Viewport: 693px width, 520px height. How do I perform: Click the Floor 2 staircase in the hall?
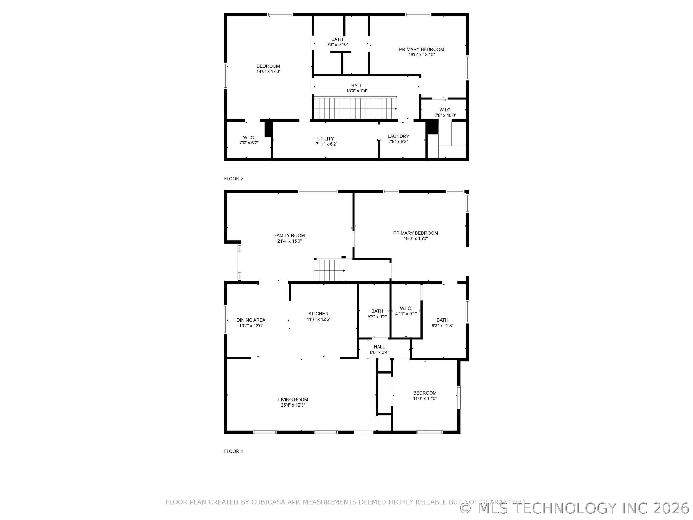pos(355,108)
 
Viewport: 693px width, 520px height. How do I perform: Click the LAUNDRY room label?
pos(398,136)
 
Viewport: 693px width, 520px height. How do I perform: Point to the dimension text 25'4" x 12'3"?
pos(293,405)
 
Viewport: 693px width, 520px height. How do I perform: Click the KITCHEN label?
pos(318,314)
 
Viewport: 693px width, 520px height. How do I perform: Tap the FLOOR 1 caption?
pos(233,451)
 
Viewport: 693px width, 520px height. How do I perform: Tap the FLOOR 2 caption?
pos(233,179)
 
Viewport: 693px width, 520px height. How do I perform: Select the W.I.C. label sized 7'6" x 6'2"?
pos(249,138)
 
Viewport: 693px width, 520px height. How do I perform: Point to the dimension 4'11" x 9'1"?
pos(406,314)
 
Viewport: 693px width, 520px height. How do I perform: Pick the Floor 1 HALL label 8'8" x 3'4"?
pos(379,347)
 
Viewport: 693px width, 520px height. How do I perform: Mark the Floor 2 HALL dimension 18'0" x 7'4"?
pos(357,91)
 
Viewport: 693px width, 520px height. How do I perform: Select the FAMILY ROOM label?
pos(289,236)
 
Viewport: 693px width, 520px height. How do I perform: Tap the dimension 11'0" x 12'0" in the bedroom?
pos(425,399)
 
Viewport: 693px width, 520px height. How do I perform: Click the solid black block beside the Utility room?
pos(269,129)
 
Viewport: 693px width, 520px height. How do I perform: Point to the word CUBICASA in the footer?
pos(268,502)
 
